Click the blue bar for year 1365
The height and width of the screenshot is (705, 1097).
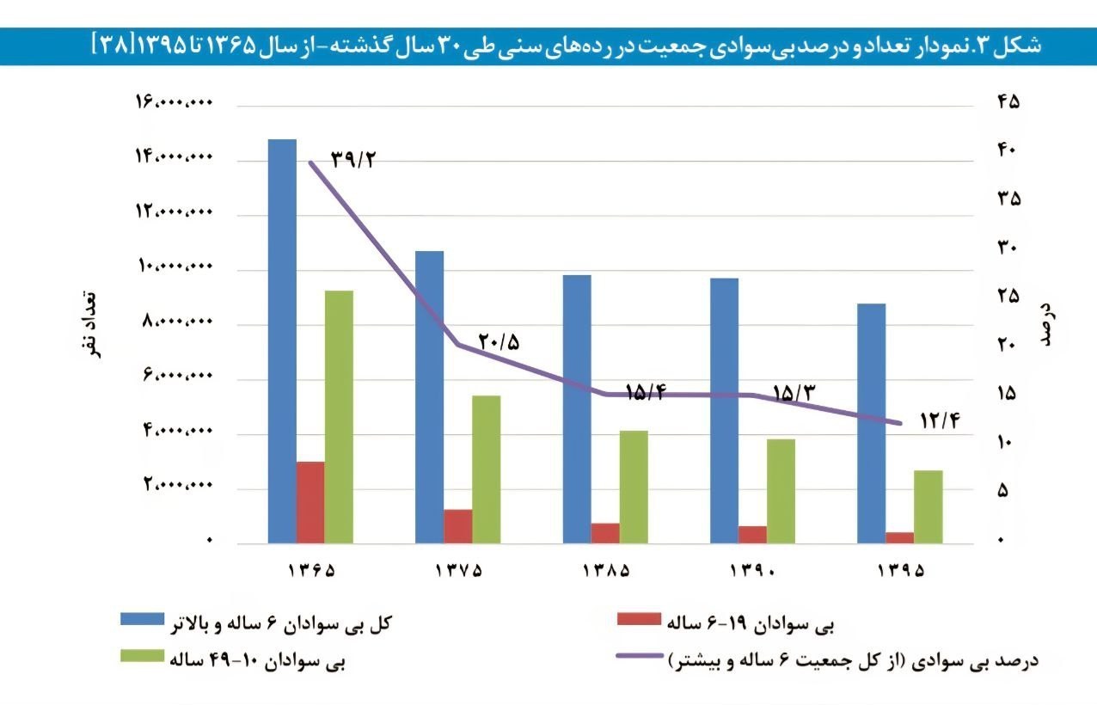[282, 340]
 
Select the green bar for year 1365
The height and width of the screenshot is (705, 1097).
[339, 416]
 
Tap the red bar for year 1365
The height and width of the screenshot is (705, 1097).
[310, 502]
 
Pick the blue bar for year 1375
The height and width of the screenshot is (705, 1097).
[429, 396]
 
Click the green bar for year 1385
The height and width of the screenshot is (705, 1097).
[633, 487]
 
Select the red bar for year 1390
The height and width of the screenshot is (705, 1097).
[752, 534]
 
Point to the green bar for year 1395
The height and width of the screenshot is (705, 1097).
[928, 506]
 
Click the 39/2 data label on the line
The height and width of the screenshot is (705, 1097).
[354, 160]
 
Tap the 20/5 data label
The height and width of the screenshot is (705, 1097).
[499, 341]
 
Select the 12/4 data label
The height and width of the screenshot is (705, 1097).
[939, 420]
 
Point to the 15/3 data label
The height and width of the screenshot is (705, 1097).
[794, 393]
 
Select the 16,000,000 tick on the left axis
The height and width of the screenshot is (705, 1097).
[173, 103]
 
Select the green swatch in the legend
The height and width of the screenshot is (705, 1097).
[141, 657]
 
